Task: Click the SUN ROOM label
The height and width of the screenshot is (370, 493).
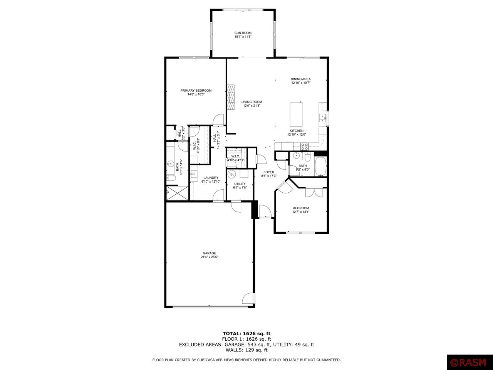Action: point(243,33)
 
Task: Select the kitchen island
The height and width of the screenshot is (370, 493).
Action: point(296,114)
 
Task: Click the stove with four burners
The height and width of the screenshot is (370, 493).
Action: point(304,146)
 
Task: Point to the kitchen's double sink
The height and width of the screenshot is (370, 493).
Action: point(323,118)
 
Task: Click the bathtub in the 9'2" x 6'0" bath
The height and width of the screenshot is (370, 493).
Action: point(320,166)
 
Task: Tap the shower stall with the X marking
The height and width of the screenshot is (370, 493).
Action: point(177,193)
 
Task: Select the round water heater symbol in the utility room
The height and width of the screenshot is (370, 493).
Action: point(232,174)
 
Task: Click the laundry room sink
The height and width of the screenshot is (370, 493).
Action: point(194,173)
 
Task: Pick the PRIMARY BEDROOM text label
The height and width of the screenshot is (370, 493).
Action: point(196,91)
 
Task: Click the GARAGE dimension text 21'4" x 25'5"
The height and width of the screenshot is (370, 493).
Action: point(210,257)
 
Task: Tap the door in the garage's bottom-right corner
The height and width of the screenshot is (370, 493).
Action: point(248,299)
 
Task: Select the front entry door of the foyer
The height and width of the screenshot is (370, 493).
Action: point(265,212)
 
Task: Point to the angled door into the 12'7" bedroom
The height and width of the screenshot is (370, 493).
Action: point(285,187)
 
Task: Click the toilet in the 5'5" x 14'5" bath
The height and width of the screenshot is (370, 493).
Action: point(171,178)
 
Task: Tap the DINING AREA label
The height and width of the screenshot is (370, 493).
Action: point(300,79)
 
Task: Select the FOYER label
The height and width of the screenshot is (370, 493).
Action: point(269,172)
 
